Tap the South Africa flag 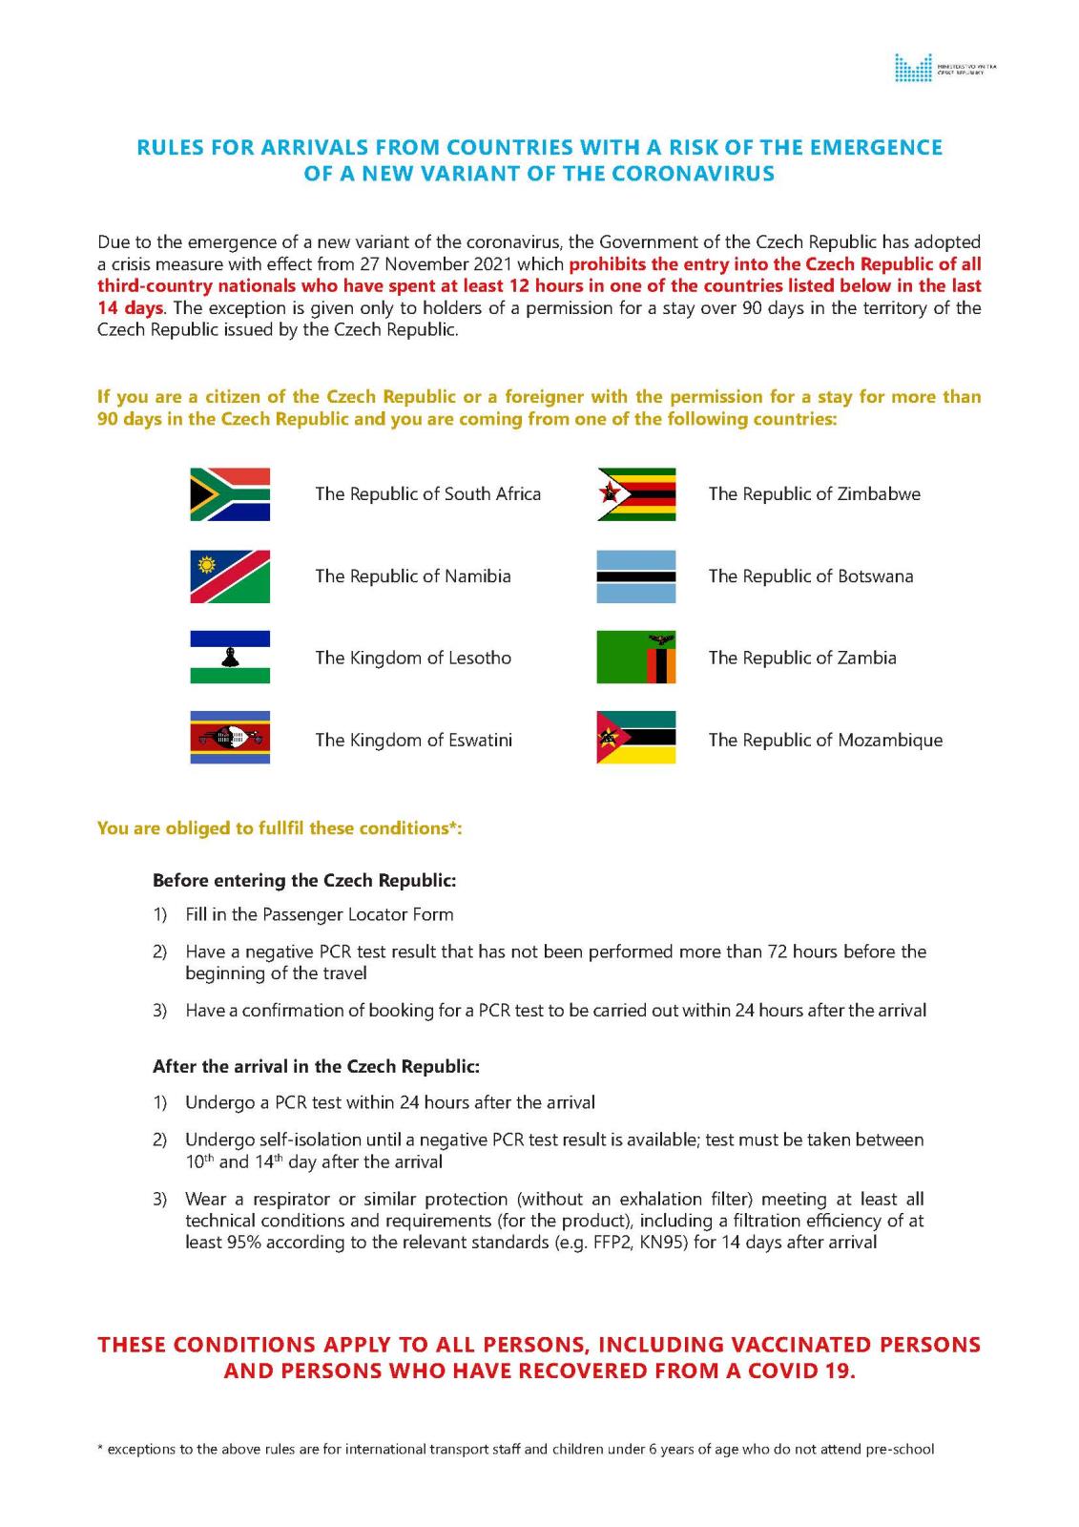pyautogui.click(x=230, y=494)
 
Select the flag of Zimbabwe pyautogui.click(x=636, y=494)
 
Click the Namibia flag pyautogui.click(x=230, y=576)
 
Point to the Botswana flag pyautogui.click(x=636, y=576)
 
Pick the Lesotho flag pyautogui.click(x=230, y=658)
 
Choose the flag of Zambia pyautogui.click(x=636, y=658)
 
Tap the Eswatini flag pyautogui.click(x=230, y=739)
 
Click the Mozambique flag pyautogui.click(x=636, y=739)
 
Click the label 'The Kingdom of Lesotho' pyautogui.click(x=413, y=658)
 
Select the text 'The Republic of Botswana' pyautogui.click(x=811, y=576)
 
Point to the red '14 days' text pyautogui.click(x=130, y=308)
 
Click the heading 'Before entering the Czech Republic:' pyautogui.click(x=304, y=880)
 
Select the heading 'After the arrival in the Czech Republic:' pyautogui.click(x=316, y=1066)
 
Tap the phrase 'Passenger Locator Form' pyautogui.click(x=358, y=914)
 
